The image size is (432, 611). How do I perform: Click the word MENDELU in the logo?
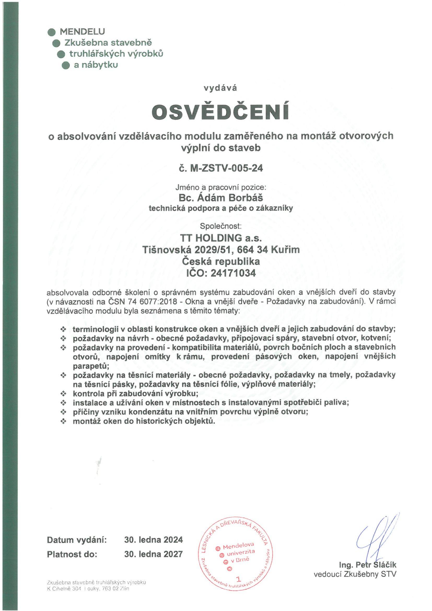83,32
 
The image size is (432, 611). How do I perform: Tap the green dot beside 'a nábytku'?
66,65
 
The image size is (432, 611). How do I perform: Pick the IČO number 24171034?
232,273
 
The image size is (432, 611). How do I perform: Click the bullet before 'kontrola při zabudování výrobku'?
63,393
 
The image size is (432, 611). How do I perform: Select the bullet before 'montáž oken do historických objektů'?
63,421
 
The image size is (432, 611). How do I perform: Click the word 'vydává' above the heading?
220,88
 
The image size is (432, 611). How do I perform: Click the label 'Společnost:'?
221,227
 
